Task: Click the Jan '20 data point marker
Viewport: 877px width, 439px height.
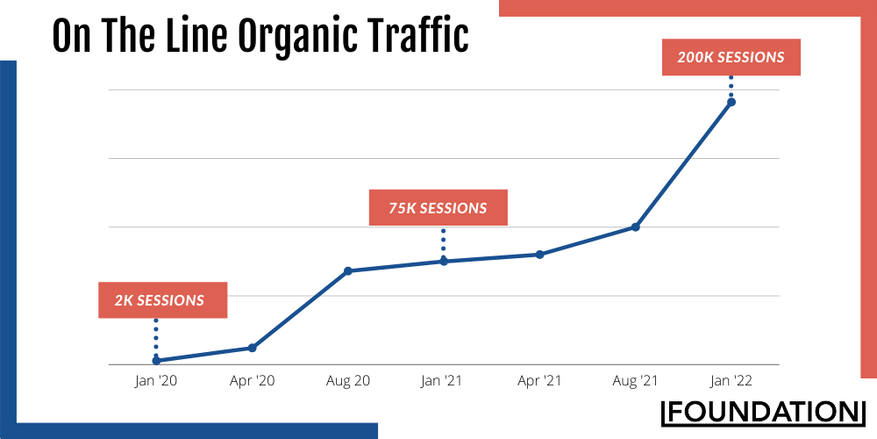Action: (x=156, y=360)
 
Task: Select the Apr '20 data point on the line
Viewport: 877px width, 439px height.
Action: (x=253, y=348)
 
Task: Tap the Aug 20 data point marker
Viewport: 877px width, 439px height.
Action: (x=348, y=270)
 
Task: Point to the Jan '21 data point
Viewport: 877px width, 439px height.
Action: (x=444, y=261)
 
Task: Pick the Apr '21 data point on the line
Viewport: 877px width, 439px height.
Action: (x=540, y=255)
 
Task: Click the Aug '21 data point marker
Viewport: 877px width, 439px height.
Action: (x=636, y=227)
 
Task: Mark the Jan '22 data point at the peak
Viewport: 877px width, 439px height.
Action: (x=731, y=102)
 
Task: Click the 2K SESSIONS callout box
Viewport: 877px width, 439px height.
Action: (x=160, y=300)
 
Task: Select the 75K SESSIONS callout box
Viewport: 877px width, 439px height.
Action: (x=438, y=208)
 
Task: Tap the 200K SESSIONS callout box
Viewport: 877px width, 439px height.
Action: (x=731, y=58)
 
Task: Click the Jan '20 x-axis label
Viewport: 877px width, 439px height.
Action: (x=156, y=381)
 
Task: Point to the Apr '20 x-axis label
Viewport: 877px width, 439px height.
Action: (x=253, y=381)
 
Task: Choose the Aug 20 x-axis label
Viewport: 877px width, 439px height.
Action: (x=348, y=381)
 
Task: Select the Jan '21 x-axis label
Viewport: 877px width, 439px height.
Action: (x=444, y=381)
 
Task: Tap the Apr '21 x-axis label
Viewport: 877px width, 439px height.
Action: (x=540, y=381)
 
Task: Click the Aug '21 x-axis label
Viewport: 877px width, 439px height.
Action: (x=636, y=381)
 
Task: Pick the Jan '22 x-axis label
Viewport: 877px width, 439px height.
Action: (x=731, y=381)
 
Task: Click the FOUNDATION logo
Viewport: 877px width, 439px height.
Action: (x=762, y=411)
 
